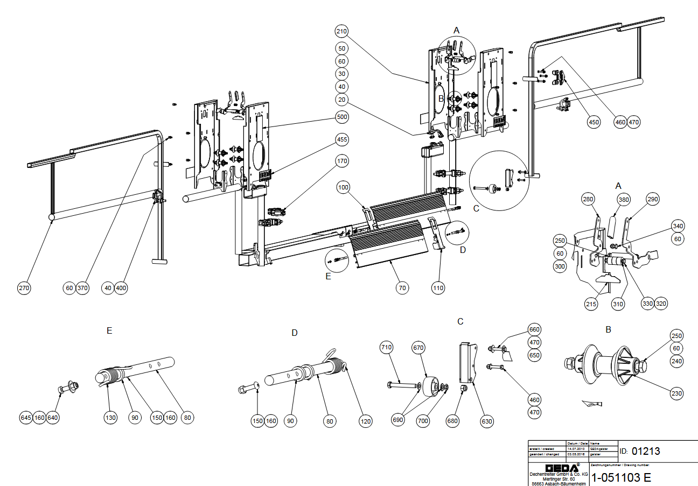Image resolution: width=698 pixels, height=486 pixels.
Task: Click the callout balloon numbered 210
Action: click(x=341, y=31)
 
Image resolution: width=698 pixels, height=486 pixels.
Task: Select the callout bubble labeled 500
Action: click(x=341, y=117)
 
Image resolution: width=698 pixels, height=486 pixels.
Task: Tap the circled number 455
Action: click(x=341, y=139)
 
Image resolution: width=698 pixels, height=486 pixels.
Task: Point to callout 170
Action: click(x=341, y=160)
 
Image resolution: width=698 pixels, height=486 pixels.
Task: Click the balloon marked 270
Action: click(x=24, y=288)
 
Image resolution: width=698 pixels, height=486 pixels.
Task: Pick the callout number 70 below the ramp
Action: click(x=401, y=288)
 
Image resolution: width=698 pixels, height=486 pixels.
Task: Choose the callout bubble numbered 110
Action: click(x=438, y=288)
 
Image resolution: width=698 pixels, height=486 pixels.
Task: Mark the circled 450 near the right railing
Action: click(x=594, y=122)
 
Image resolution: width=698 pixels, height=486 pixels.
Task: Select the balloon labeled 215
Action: click(x=591, y=304)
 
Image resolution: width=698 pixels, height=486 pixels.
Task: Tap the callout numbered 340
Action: click(x=678, y=225)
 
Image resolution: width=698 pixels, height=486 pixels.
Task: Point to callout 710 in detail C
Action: click(x=386, y=347)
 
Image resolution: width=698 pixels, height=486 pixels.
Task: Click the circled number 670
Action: click(x=418, y=347)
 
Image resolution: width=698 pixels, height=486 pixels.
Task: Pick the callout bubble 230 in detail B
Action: click(x=677, y=393)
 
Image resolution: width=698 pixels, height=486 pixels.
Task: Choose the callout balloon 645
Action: click(x=25, y=417)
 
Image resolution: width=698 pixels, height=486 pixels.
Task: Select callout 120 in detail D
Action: click(x=366, y=421)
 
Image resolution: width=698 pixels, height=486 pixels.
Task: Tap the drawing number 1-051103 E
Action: click(x=621, y=477)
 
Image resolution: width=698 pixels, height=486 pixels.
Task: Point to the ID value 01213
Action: click(x=646, y=451)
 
